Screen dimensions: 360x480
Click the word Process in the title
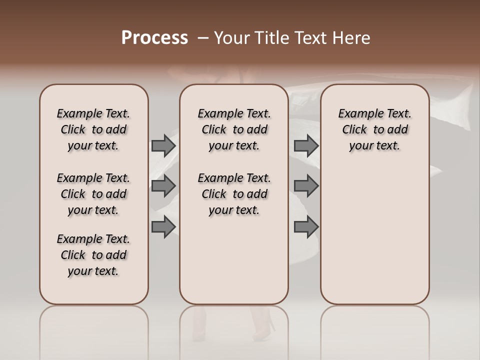154,38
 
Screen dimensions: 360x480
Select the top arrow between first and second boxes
163,145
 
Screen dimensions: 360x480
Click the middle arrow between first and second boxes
163,186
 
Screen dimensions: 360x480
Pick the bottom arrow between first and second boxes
163,226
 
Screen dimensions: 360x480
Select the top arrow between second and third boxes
306,145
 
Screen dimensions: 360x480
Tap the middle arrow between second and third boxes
306,186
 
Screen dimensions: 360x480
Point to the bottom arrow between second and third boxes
306,226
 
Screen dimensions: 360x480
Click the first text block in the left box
93,129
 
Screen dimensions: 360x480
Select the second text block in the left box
93,194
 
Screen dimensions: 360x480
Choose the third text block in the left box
93,255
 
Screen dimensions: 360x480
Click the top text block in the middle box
234,129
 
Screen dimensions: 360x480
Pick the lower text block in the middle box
234,194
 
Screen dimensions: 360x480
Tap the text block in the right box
374,129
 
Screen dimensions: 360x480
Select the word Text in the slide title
310,38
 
